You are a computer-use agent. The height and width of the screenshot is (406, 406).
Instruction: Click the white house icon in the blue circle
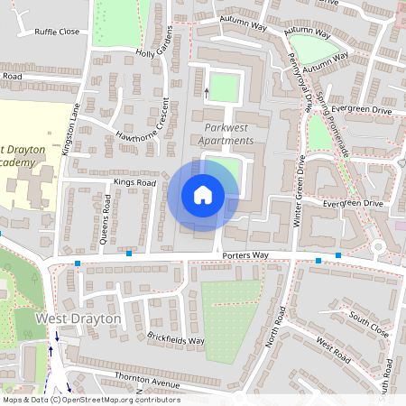click(203, 195)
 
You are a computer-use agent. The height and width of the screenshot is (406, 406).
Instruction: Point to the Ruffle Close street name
click(58, 32)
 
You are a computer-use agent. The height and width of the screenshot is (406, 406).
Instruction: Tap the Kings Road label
click(134, 183)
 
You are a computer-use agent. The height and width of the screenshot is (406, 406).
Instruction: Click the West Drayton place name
click(78, 319)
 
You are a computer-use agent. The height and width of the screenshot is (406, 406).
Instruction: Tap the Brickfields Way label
click(176, 340)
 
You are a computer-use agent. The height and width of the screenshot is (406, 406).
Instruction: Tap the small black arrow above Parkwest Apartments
click(207, 91)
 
